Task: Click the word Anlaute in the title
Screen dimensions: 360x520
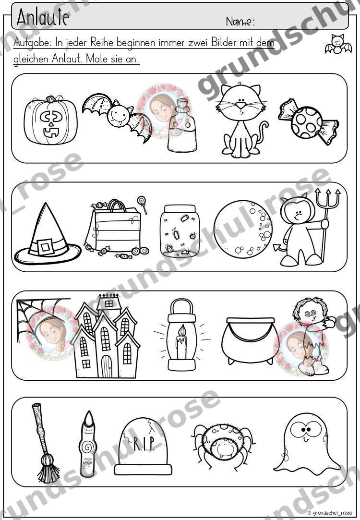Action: point(43,17)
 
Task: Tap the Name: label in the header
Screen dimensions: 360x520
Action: point(240,22)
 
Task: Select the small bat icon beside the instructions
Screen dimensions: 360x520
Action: point(338,44)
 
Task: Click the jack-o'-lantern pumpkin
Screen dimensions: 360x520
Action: point(51,120)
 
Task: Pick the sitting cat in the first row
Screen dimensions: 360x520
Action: point(241,120)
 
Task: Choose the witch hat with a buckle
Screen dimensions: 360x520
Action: point(47,234)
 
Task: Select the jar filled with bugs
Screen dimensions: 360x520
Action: point(179,231)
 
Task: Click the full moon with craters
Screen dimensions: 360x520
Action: point(243,229)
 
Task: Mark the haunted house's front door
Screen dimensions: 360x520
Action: point(107,366)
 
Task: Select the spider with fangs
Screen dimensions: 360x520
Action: point(223,446)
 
